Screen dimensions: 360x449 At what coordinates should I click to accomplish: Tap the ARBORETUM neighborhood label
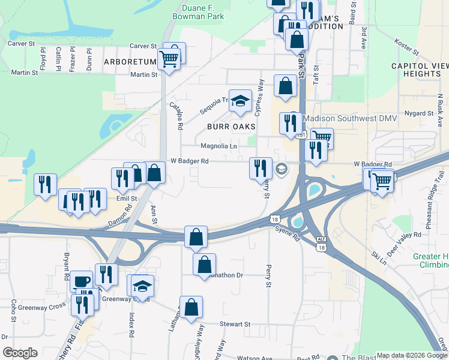click(129, 62)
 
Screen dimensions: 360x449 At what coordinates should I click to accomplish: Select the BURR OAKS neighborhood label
click(231, 127)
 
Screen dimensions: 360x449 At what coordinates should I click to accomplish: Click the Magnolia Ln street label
click(218, 146)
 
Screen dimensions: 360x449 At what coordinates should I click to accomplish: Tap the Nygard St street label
click(418, 113)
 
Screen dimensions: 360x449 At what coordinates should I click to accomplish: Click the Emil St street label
click(127, 198)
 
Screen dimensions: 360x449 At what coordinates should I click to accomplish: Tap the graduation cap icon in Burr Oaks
click(240, 101)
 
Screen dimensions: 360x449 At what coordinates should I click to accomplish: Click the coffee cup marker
click(81, 281)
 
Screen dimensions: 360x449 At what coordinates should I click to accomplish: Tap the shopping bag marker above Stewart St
click(190, 307)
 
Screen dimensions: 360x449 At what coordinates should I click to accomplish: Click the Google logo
click(20, 353)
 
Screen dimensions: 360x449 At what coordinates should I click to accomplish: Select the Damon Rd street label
click(119, 216)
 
